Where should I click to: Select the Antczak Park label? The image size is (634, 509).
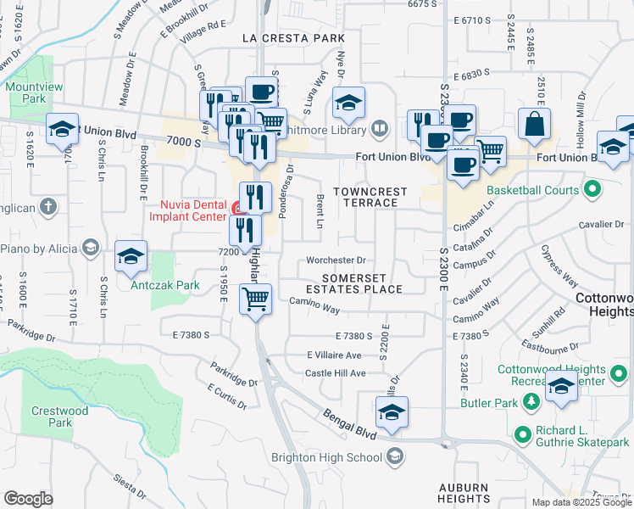[x=165, y=285]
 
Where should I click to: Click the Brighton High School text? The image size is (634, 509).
[x=326, y=458]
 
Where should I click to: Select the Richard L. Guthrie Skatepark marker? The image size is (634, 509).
[x=523, y=433]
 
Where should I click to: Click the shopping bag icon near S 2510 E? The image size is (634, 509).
[x=537, y=123]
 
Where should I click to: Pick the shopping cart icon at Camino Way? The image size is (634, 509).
[x=257, y=299]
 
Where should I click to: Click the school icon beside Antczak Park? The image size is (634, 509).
[x=131, y=256]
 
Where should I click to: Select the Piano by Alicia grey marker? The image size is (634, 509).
[x=92, y=248]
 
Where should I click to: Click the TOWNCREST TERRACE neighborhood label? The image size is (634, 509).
[x=370, y=197]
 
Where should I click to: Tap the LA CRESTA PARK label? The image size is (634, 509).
[x=293, y=39]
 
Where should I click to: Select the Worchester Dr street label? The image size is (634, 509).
[x=336, y=260]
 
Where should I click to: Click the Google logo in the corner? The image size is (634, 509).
[x=28, y=498]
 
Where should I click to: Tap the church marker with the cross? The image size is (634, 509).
[x=49, y=205]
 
